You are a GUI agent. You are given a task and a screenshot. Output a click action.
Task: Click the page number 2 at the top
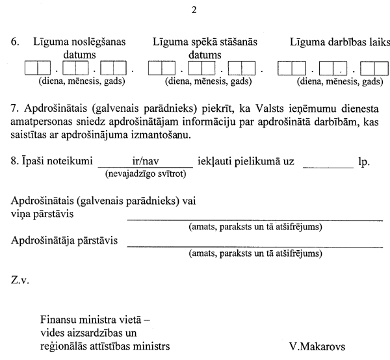[195, 10]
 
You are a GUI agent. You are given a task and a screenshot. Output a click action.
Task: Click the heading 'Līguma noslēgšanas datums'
[79, 49]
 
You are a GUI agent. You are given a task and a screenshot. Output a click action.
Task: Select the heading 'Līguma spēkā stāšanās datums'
[205, 49]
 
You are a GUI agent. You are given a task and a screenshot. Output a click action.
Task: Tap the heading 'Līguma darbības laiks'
[339, 43]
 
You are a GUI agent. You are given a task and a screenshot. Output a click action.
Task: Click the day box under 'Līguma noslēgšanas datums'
[37, 68]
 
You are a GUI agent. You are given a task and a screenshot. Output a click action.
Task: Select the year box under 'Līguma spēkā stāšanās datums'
[242, 68]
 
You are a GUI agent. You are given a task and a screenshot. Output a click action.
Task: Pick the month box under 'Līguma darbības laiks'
[333, 68]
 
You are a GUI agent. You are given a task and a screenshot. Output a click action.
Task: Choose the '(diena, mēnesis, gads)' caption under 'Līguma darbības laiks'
[339, 82]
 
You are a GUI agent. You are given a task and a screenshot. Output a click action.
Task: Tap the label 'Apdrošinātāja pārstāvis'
[65, 241]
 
